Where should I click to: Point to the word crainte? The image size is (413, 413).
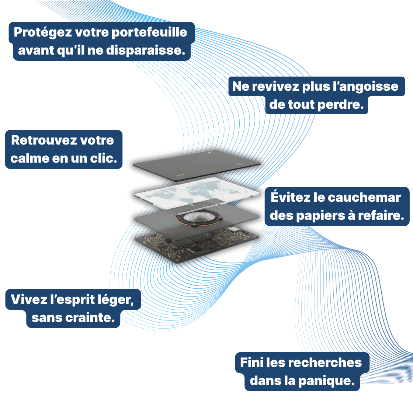click(96, 317)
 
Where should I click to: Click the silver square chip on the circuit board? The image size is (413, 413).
click(233, 229)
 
